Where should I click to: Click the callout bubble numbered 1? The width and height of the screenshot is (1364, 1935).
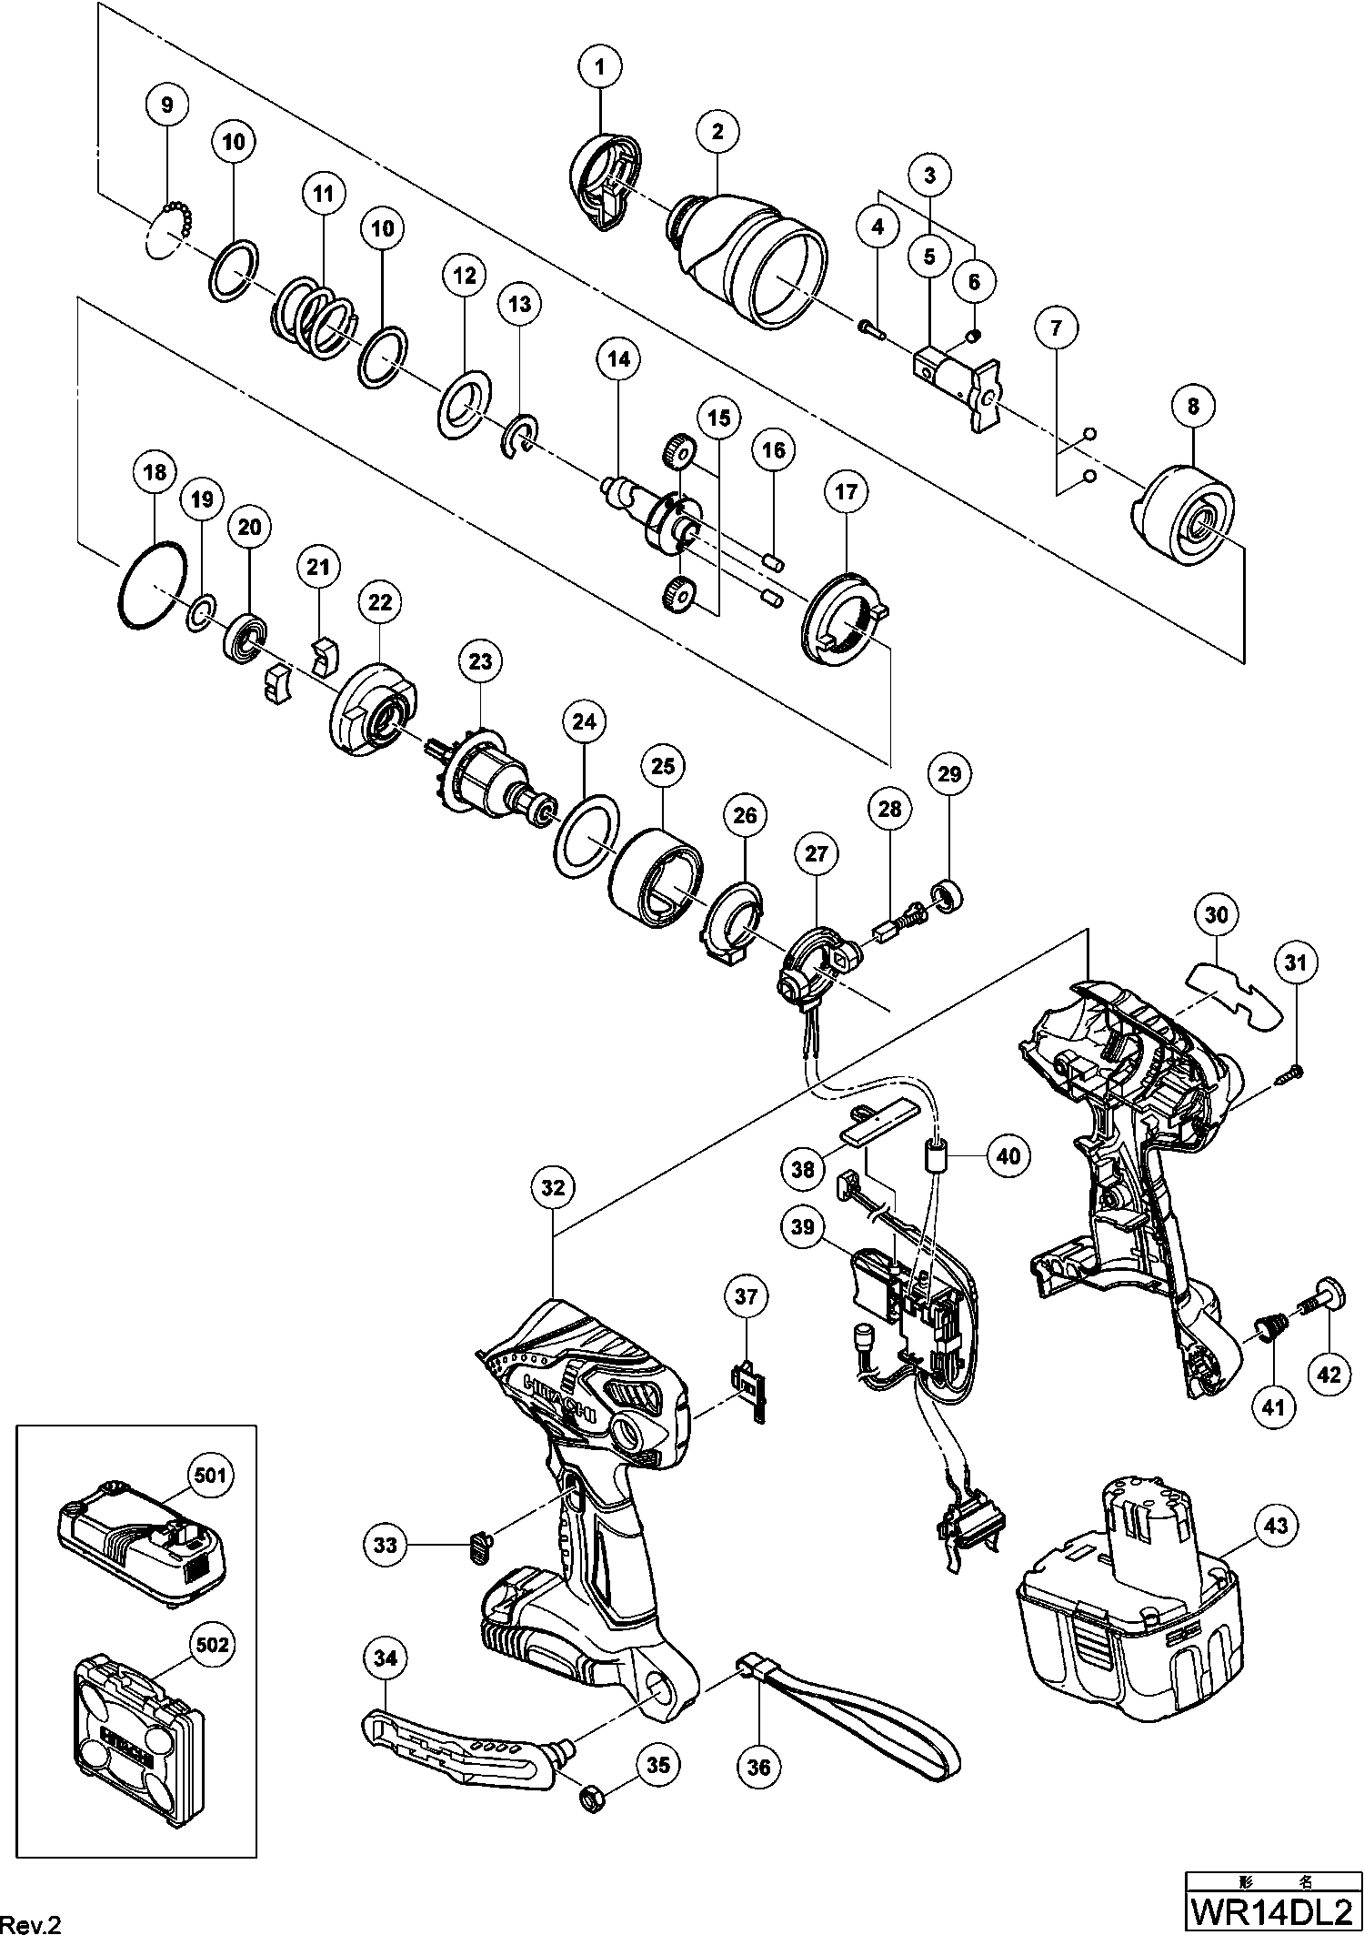[x=600, y=66]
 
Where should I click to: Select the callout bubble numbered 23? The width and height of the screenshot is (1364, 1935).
[x=480, y=661]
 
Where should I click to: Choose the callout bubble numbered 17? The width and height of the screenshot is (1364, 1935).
[x=846, y=492]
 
